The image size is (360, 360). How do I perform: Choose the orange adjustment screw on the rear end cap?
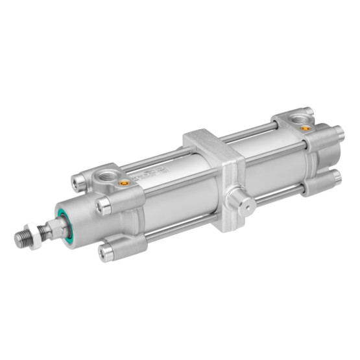click(x=305, y=128)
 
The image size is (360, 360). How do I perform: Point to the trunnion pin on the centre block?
click(x=241, y=202)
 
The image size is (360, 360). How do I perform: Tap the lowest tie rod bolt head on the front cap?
click(x=107, y=251)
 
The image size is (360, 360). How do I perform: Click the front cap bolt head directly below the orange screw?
click(x=104, y=206)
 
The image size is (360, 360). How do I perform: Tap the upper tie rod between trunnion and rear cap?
click(x=253, y=133)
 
